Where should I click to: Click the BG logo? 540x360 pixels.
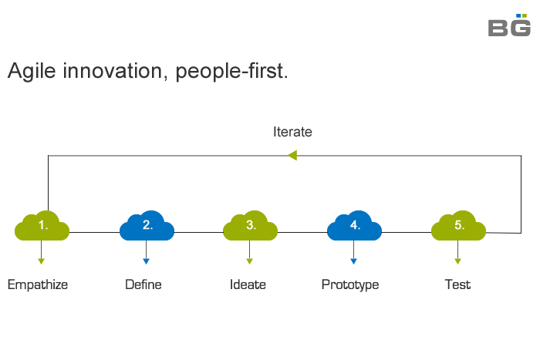[x=509, y=25]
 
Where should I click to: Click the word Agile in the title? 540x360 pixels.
[x=32, y=71]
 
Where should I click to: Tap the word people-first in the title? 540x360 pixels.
[x=230, y=71]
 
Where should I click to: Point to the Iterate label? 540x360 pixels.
[x=292, y=132]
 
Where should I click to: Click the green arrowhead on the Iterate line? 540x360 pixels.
[x=292, y=155]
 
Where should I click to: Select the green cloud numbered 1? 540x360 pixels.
[x=42, y=225]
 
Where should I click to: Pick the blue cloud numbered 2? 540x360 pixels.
[x=147, y=225]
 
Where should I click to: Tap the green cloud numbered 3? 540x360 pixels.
[x=251, y=225]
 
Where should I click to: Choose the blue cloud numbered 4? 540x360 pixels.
[x=354, y=225]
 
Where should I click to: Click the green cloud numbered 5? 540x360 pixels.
[x=458, y=225]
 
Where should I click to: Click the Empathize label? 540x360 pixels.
[x=38, y=285]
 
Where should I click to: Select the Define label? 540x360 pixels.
[x=143, y=284]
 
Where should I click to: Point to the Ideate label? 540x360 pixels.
[x=248, y=284]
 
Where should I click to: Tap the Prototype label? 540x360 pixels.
[x=350, y=285]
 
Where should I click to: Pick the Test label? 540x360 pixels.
[x=457, y=284]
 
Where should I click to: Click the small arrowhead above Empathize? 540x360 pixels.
[x=42, y=261]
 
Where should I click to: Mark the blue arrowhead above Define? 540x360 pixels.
[x=146, y=261]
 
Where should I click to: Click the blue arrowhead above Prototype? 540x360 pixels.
[x=353, y=261]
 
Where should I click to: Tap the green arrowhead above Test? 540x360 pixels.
[x=457, y=261]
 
